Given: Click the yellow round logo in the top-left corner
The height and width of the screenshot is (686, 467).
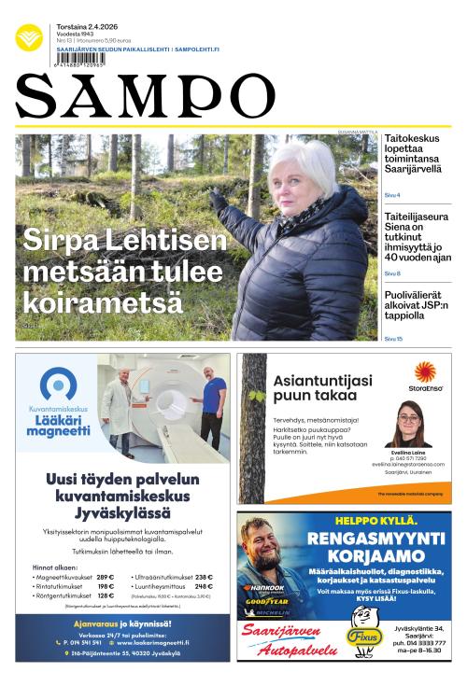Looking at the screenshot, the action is pos(29,36).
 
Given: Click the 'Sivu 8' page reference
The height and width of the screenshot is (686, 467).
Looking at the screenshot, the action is pos(392,273).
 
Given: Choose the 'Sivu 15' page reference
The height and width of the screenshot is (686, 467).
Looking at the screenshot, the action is pos(393,339).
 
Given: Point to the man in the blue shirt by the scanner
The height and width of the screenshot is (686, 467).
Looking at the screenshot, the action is pos(212,404).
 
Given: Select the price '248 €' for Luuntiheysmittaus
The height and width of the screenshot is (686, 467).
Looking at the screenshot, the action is pos(204,586).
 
